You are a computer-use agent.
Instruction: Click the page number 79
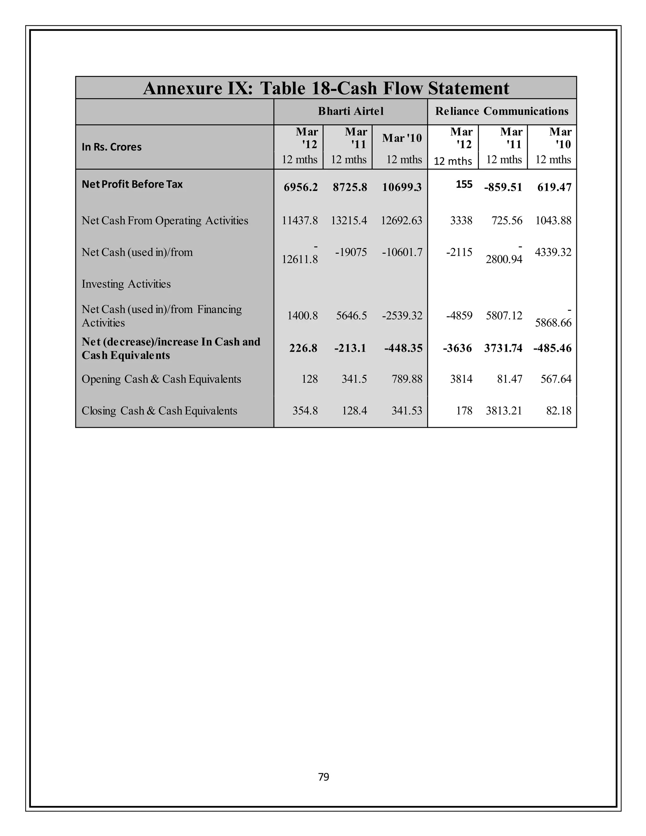(x=323, y=777)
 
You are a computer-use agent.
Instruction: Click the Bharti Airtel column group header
(x=350, y=111)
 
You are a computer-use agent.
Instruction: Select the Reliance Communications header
(x=502, y=111)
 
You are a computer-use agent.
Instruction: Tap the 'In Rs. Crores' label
(x=111, y=147)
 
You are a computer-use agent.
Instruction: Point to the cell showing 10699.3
(x=402, y=187)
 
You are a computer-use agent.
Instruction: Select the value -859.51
(x=503, y=187)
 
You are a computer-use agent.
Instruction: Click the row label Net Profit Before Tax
(x=132, y=184)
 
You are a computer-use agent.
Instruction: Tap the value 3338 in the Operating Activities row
(x=461, y=221)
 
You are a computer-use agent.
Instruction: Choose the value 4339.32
(x=553, y=252)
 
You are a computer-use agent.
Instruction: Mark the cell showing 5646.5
(x=351, y=315)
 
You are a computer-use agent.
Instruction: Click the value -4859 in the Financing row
(x=459, y=315)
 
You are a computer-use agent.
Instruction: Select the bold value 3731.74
(x=503, y=348)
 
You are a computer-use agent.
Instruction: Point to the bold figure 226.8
(x=303, y=348)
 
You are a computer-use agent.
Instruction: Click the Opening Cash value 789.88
(x=407, y=379)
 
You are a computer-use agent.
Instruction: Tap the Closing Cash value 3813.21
(x=504, y=411)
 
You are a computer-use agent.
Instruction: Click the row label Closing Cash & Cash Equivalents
(x=159, y=411)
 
